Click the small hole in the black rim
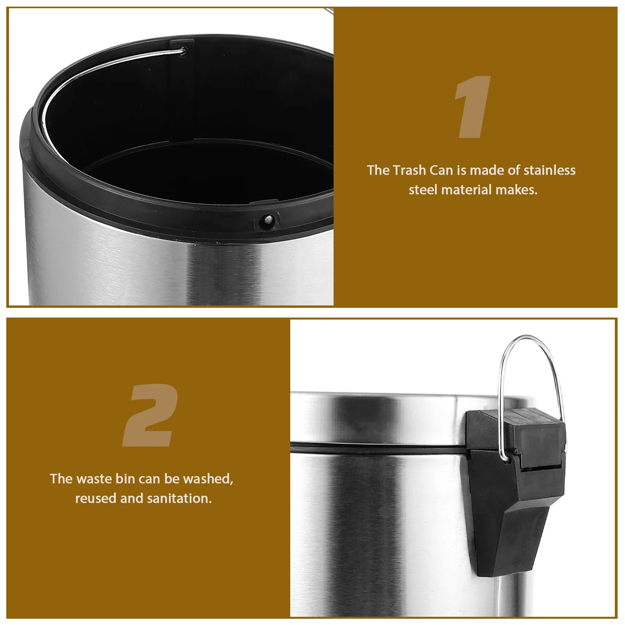point(268,220)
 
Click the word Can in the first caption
point(441,170)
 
